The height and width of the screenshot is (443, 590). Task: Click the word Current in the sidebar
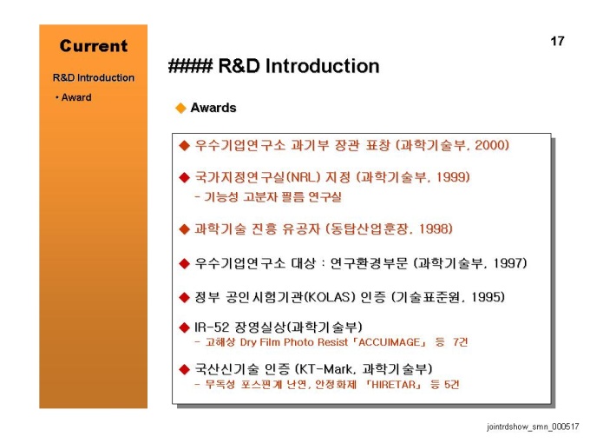pyautogui.click(x=94, y=46)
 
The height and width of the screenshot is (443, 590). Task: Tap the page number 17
pyautogui.click(x=557, y=41)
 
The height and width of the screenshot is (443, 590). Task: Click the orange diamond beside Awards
pyautogui.click(x=181, y=108)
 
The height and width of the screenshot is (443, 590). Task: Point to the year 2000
pyautogui.click(x=489, y=145)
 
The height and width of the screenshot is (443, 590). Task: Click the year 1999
pyautogui.click(x=450, y=176)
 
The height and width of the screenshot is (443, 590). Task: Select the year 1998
pyautogui.click(x=434, y=228)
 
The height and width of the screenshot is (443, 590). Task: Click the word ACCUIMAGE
pyautogui.click(x=389, y=342)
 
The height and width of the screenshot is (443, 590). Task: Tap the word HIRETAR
pyautogui.click(x=394, y=385)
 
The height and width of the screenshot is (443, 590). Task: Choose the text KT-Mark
pyautogui.click(x=327, y=369)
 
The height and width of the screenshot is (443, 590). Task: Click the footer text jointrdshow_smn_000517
pyautogui.click(x=533, y=426)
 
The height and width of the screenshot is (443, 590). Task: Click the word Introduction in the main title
pyautogui.click(x=323, y=66)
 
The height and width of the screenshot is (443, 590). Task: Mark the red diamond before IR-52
pyautogui.click(x=184, y=327)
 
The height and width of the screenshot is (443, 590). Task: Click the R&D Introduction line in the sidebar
pyautogui.click(x=94, y=77)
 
